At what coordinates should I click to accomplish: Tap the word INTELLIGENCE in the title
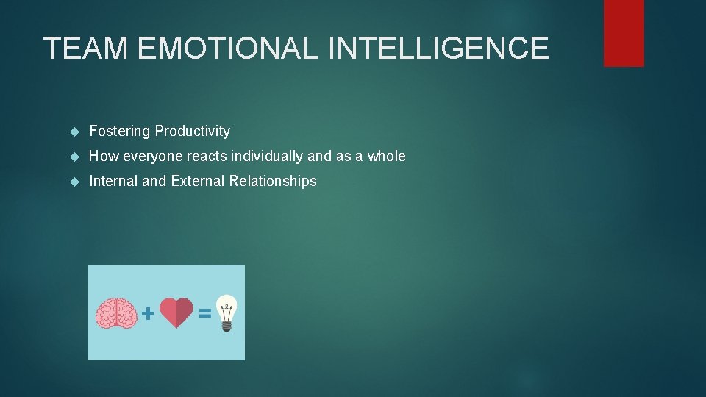439,49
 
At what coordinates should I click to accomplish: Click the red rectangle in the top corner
624,32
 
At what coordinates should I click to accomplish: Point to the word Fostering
119,132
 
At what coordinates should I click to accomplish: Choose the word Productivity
192,132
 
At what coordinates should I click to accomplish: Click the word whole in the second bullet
386,156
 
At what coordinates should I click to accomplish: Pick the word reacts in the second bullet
207,156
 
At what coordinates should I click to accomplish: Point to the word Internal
113,181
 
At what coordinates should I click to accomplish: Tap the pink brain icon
116,313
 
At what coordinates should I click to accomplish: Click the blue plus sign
148,314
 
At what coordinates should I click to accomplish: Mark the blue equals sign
205,314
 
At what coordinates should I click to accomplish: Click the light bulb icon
227,312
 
